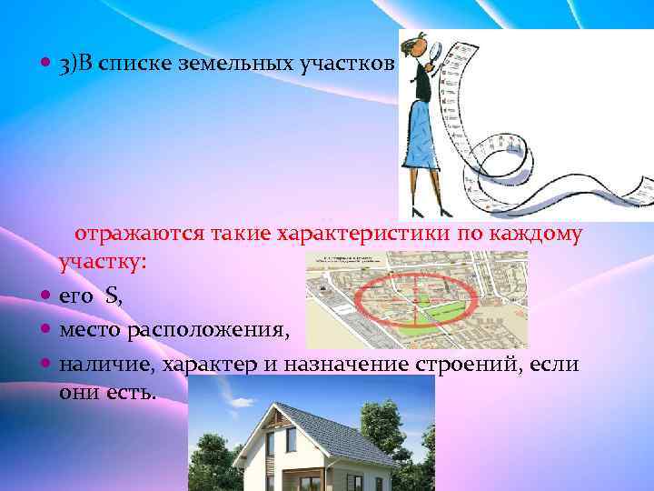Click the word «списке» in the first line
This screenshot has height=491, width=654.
(x=130, y=65)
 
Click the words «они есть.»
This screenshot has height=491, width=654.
(x=107, y=392)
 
